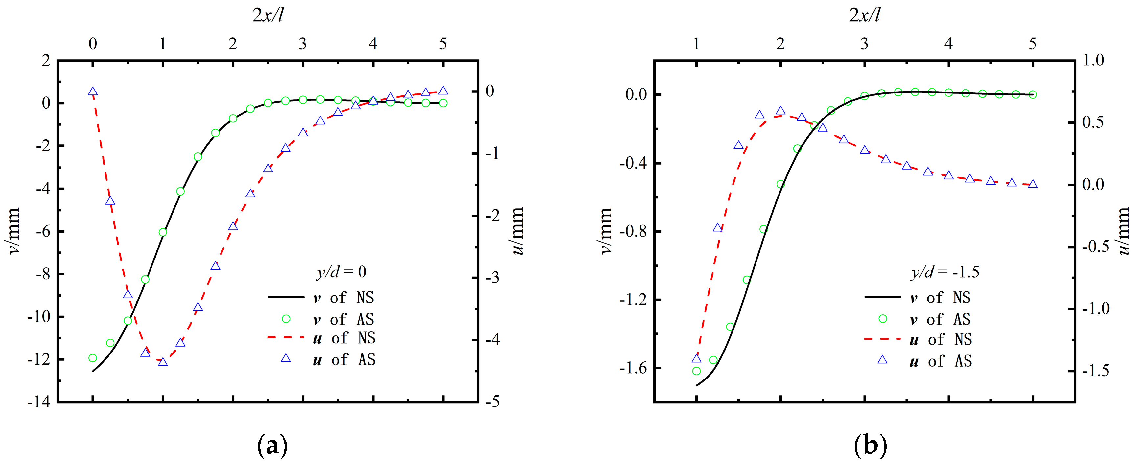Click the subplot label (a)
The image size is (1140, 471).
coord(272,445)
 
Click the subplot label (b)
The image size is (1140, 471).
coord(870,445)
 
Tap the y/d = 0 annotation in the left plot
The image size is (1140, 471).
coord(341,272)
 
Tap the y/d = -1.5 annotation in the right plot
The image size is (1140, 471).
coord(945,272)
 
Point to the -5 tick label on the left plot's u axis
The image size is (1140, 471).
coord(492,402)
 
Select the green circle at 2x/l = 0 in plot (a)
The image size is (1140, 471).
coord(92,357)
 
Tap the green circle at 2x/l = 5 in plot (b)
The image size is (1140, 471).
coord(1033,94)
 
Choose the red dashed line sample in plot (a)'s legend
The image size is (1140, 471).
coord(286,338)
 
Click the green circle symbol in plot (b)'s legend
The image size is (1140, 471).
coord(882,319)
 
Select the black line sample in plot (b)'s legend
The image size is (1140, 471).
coord(882,297)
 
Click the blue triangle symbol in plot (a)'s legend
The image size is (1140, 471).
coord(286,358)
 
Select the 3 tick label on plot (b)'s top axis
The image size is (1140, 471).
coord(864,44)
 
